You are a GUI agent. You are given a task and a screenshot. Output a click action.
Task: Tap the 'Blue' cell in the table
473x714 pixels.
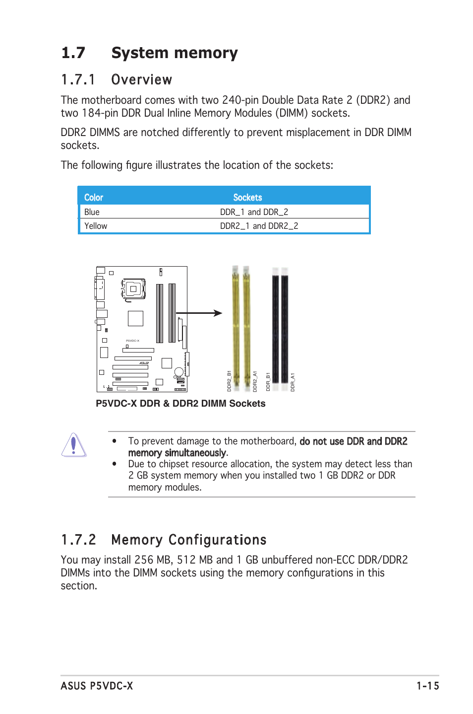[92, 212]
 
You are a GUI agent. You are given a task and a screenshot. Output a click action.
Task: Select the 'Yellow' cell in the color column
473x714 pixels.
[96, 226]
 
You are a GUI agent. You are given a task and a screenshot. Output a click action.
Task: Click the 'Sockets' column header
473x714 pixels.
[247, 198]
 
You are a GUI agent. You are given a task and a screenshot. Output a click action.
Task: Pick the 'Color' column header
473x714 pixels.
[94, 198]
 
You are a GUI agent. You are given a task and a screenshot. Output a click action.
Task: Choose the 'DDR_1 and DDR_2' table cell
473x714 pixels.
[254, 212]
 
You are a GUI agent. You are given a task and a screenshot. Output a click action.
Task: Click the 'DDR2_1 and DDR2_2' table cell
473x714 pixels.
[259, 226]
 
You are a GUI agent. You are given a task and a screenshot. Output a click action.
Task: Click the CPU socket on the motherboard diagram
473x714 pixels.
[133, 288]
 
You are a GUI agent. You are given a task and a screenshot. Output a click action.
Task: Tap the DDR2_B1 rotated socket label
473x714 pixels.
[229, 381]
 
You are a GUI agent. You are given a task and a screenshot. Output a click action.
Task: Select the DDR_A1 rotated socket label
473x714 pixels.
[293, 382]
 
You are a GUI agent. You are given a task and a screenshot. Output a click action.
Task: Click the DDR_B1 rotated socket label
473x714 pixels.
[268, 381]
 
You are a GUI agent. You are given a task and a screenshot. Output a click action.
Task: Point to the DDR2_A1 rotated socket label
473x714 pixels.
[255, 381]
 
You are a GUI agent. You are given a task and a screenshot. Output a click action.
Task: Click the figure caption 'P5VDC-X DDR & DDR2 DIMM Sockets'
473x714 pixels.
[180, 404]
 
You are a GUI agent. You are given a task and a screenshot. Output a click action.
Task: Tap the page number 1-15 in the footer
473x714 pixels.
[427, 686]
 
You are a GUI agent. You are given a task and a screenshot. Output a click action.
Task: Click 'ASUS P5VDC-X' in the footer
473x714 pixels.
[97, 686]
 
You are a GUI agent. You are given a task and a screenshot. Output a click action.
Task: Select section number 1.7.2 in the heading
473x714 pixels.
[78, 540]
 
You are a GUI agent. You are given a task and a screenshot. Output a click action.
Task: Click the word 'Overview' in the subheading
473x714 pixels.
[142, 79]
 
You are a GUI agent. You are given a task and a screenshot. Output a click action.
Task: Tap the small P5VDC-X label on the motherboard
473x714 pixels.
[132, 341]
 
